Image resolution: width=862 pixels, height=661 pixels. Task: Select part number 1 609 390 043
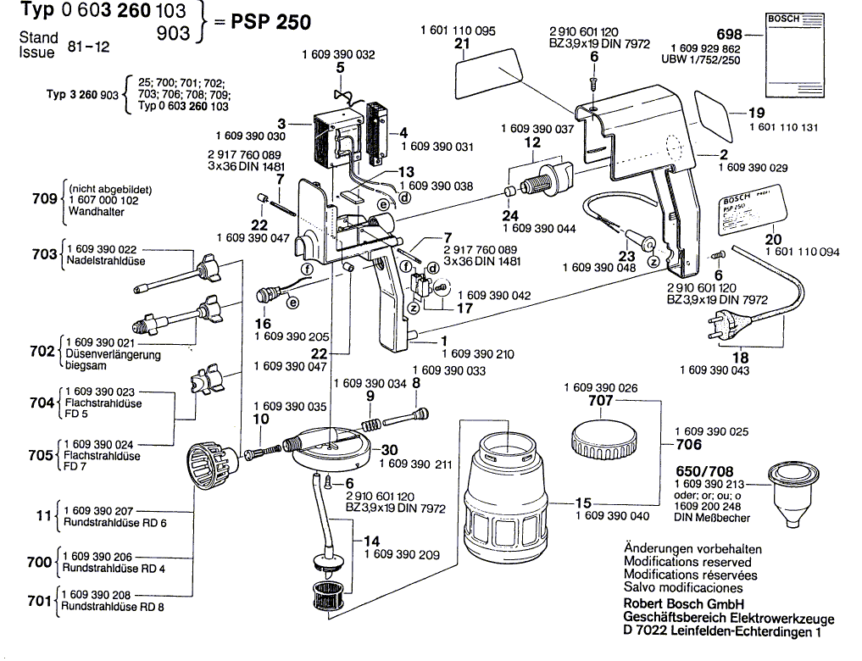coord(720,370)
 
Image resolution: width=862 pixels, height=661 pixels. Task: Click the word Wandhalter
coord(95,212)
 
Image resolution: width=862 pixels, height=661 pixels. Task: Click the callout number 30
coord(389,450)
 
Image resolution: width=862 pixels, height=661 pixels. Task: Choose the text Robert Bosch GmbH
coord(679,603)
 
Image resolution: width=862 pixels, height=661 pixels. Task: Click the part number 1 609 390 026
coord(601,387)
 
